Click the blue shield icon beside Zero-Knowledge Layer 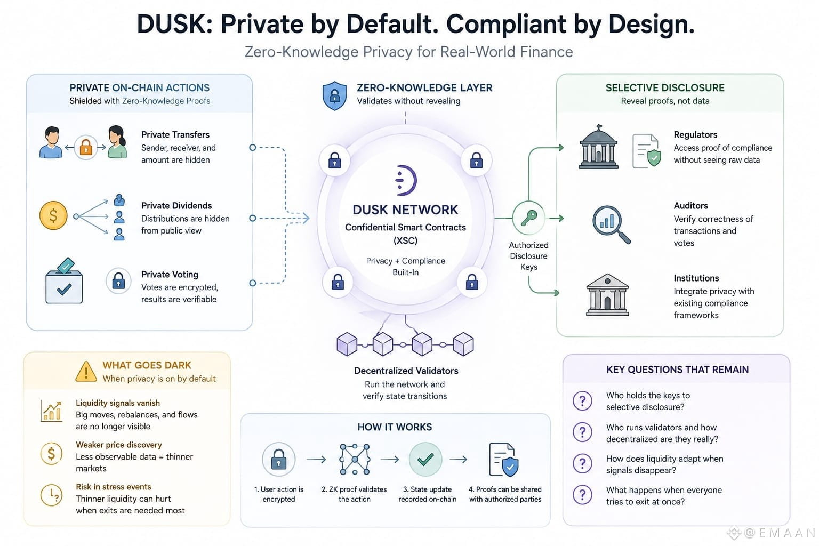coord(334,95)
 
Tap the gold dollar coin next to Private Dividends coord(53,215)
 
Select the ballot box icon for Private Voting coord(64,281)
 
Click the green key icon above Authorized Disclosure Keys coord(529,218)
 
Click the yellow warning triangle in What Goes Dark coord(86,372)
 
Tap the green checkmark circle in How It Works coord(425,459)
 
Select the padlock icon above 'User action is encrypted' coord(279,459)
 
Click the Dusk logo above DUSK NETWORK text coord(406,180)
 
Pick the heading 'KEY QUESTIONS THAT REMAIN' coord(678,370)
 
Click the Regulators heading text coord(695,134)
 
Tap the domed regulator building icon coord(599,147)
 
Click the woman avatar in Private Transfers coord(117,142)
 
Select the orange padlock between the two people coord(86,147)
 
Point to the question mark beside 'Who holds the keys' coord(582,401)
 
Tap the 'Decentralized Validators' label coord(406,371)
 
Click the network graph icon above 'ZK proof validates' coord(354,459)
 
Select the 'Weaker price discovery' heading coord(119,445)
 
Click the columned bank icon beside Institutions coord(607,295)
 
